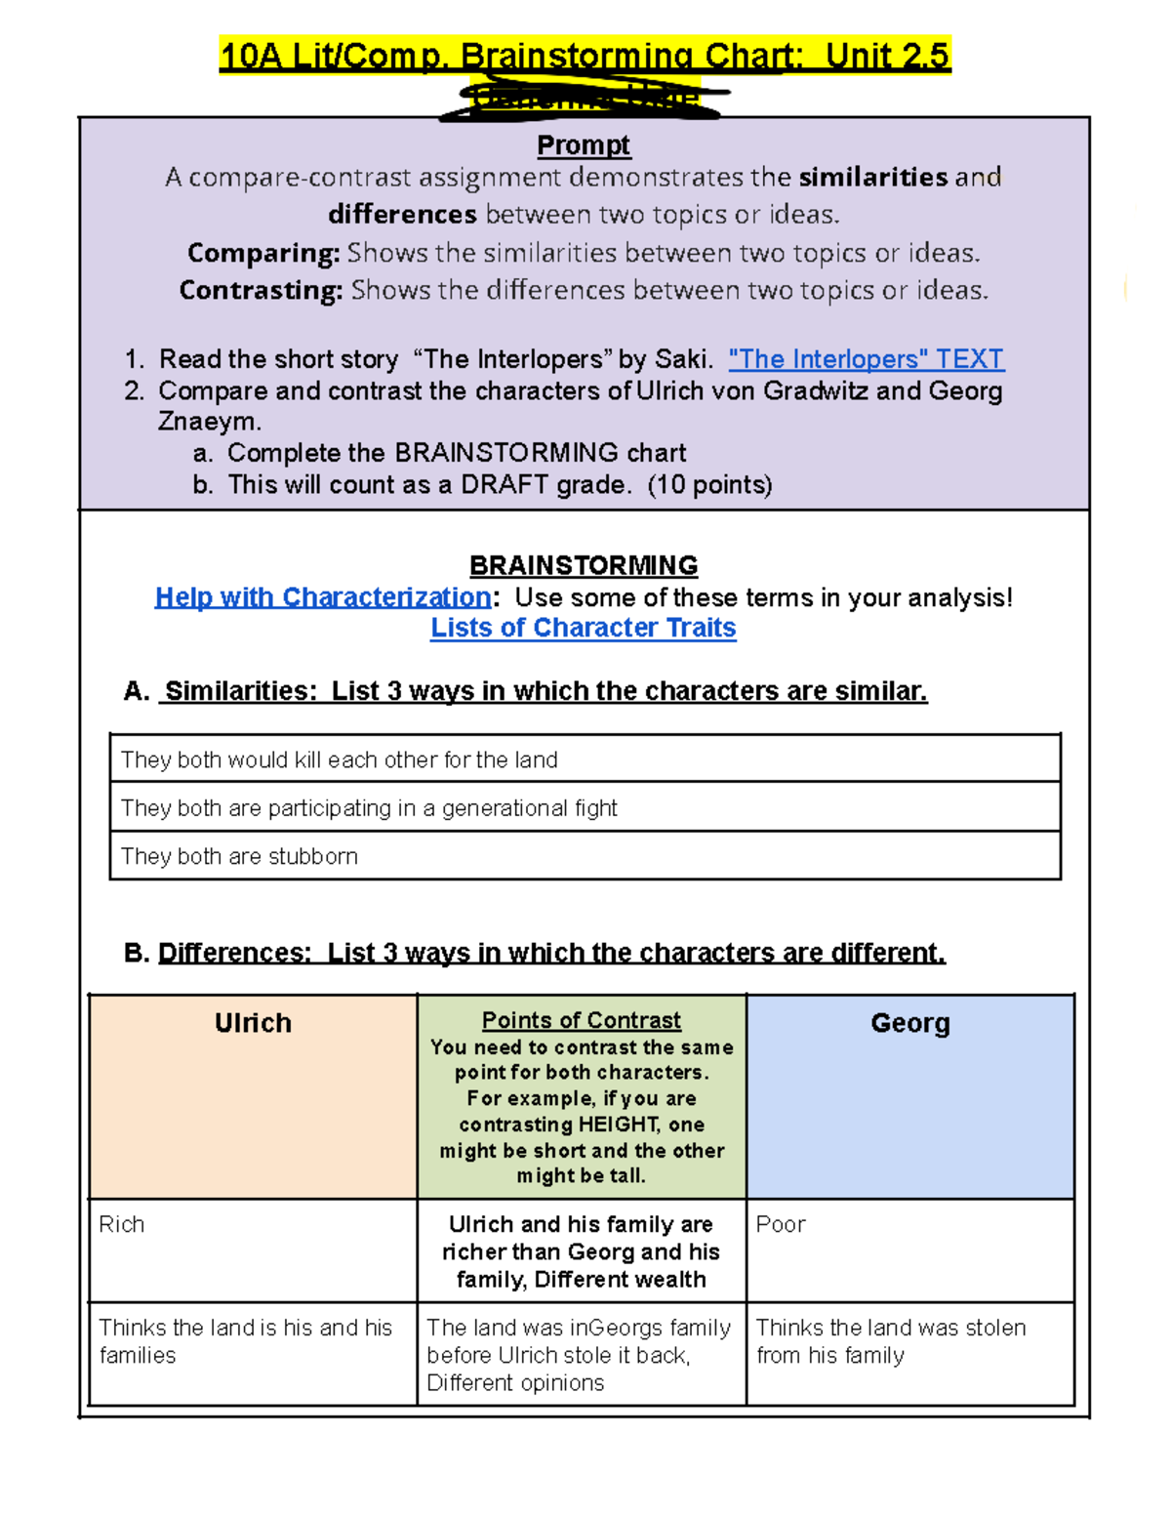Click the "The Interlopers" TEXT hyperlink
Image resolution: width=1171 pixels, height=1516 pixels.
pyautogui.click(x=866, y=359)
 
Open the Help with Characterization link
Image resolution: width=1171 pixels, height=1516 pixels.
pyautogui.click(x=323, y=597)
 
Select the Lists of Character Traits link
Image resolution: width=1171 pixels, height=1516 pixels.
pyautogui.click(x=584, y=628)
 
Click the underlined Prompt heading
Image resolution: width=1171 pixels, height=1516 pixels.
pyautogui.click(x=584, y=145)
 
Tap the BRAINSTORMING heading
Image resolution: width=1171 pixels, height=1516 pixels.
pyautogui.click(x=584, y=566)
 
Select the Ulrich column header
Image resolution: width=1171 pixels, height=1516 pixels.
pyautogui.click(x=253, y=1023)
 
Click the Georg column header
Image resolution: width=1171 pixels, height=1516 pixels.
pyautogui.click(x=909, y=1023)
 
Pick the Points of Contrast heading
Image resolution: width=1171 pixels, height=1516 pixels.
pyautogui.click(x=582, y=1020)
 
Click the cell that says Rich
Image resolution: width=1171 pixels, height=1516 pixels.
pyautogui.click(x=122, y=1224)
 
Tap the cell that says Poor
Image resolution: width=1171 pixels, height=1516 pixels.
pyautogui.click(x=781, y=1224)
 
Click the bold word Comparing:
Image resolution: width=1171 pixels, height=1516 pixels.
pyautogui.click(x=263, y=253)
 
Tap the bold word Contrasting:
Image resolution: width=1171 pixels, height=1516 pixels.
pyautogui.click(x=261, y=290)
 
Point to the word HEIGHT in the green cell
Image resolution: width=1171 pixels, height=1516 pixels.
pyautogui.click(x=619, y=1125)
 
